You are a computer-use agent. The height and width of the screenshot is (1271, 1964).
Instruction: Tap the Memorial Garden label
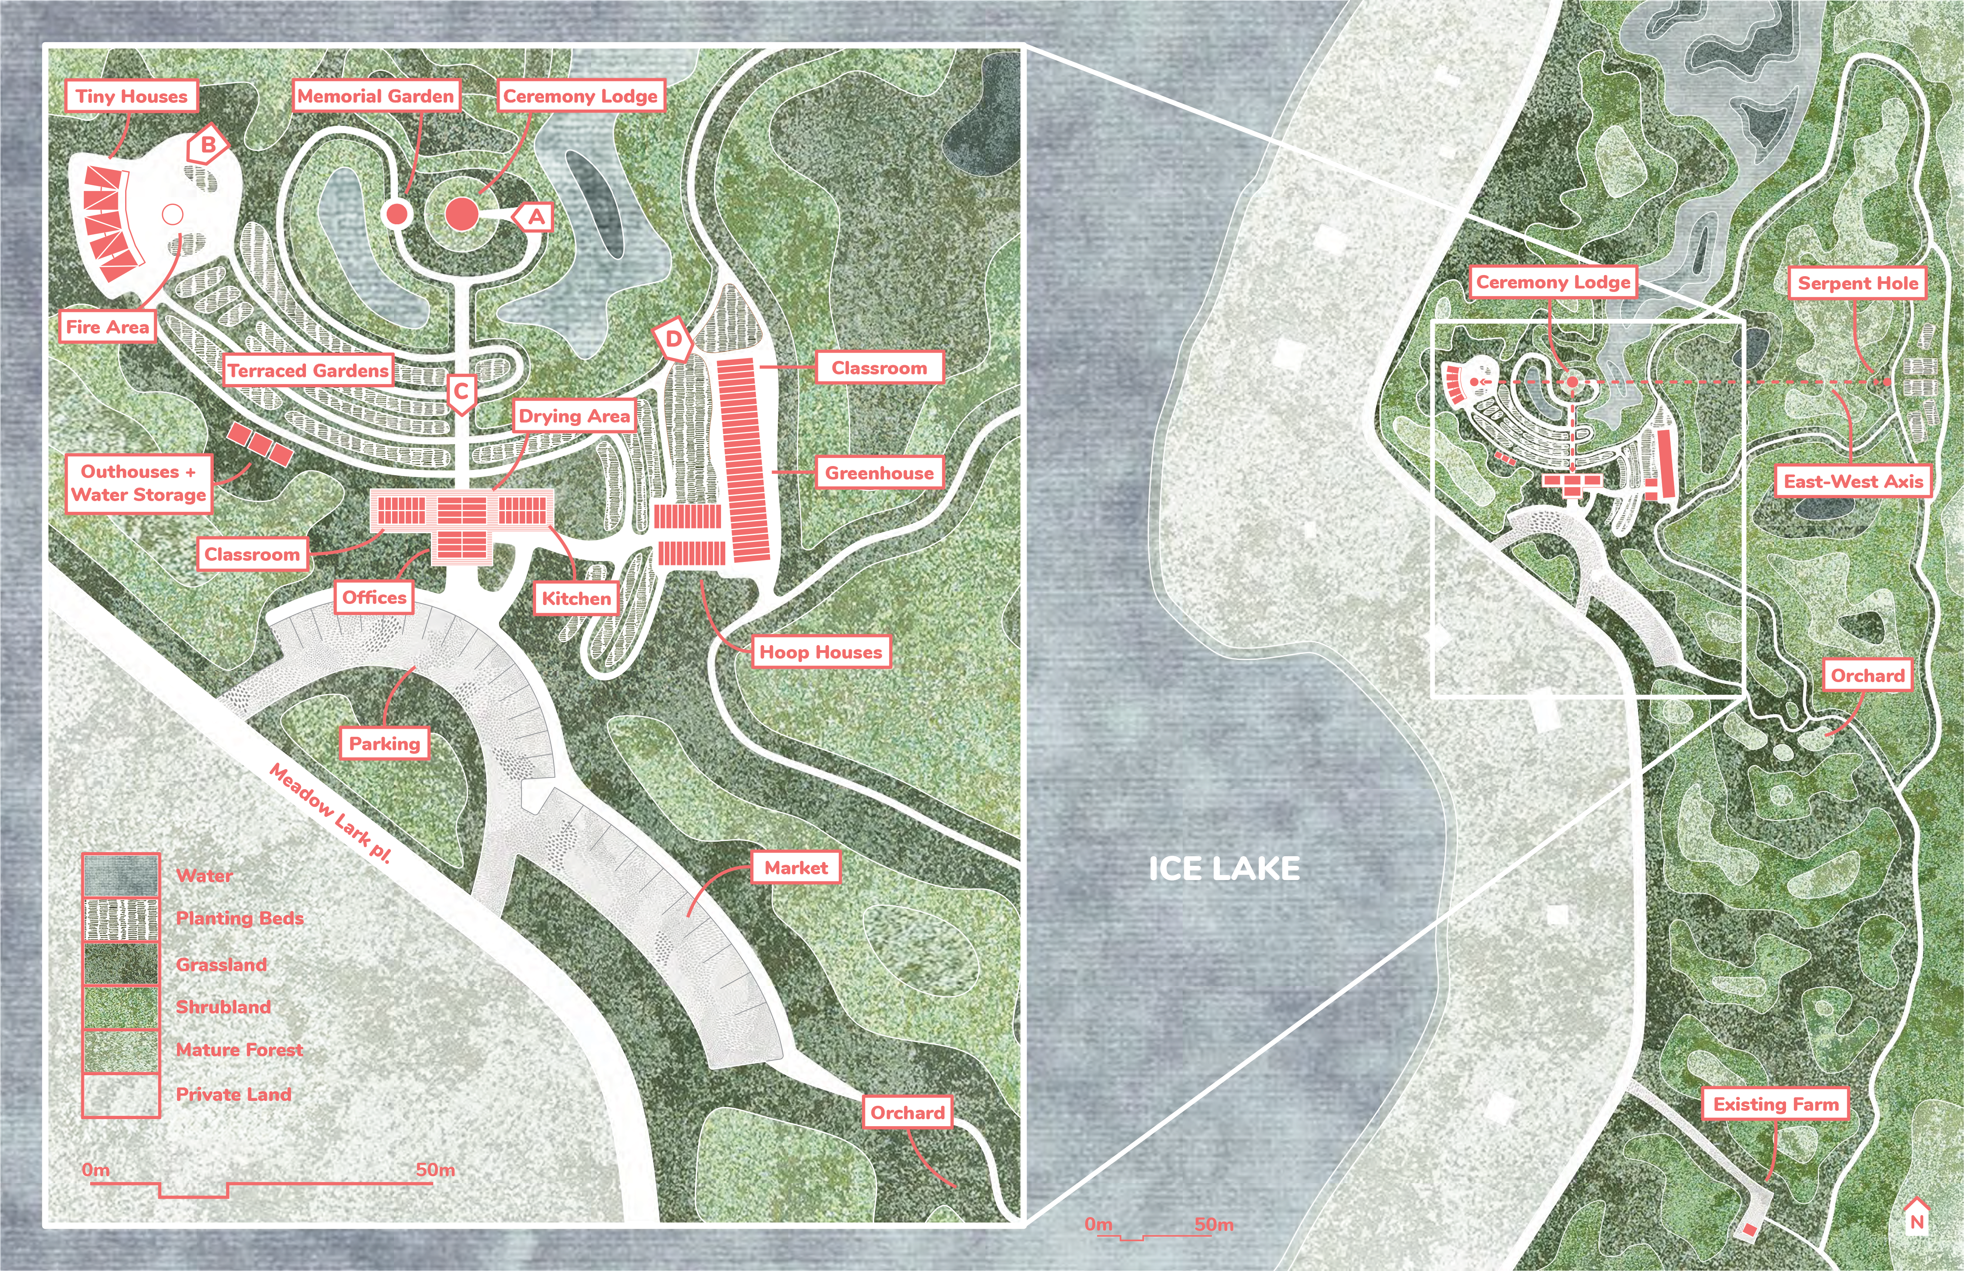pos(375,97)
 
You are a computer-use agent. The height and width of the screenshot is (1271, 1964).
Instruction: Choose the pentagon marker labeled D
pos(674,339)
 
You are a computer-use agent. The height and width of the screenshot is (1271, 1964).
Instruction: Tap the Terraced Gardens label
pos(308,371)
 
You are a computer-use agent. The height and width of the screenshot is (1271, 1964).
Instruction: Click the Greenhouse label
pos(880,473)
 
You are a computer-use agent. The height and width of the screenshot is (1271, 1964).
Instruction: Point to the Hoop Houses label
pos(820,652)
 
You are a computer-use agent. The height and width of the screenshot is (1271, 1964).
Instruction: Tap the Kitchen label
pos(576,599)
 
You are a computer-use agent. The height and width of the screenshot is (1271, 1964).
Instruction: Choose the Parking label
pos(385,744)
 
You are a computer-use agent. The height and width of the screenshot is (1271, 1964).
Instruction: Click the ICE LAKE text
pos(1225,868)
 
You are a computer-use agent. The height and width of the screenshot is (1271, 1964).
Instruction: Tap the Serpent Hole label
pos(1858,283)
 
